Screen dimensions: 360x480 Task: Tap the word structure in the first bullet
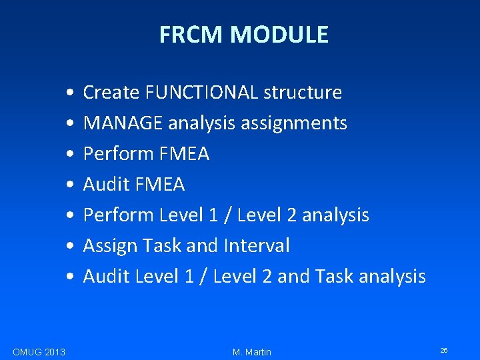point(303,93)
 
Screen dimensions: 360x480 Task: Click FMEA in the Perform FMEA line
point(185,154)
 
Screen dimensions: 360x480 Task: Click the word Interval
point(256,246)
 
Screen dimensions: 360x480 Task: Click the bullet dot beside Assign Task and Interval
point(70,247)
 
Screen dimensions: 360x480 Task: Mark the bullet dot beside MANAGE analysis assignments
point(70,124)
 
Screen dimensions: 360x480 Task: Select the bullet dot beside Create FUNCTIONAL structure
point(70,93)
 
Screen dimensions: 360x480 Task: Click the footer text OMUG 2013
point(39,352)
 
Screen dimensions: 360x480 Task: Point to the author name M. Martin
point(252,352)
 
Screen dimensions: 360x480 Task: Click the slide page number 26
point(444,350)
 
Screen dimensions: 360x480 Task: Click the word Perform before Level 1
point(119,215)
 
